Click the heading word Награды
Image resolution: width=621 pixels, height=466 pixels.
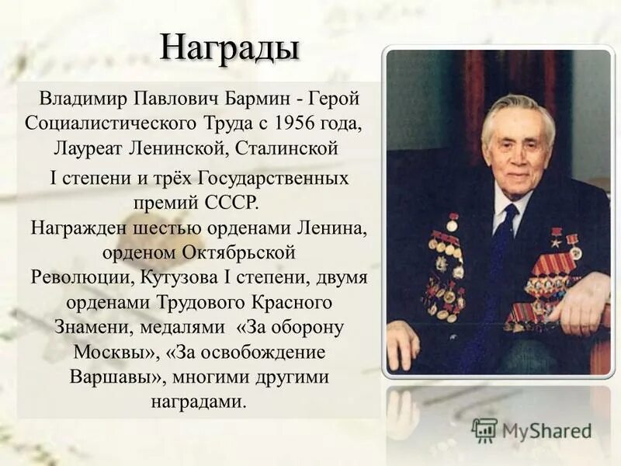pos(230,47)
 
